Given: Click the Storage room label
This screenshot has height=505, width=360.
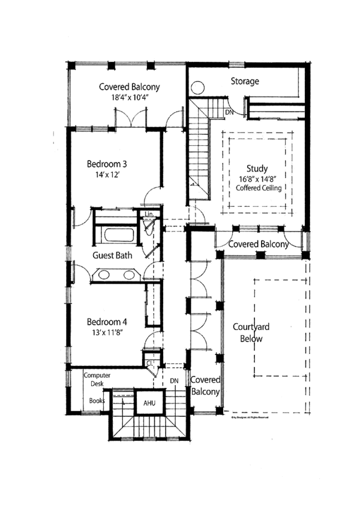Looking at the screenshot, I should coord(245,81).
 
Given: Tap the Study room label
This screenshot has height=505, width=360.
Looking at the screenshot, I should coord(257,169).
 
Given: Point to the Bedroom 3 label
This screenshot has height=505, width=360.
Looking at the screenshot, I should coord(107,164).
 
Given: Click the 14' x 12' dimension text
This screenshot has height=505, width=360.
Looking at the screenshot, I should coord(107,175).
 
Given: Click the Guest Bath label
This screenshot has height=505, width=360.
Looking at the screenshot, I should coord(112,255).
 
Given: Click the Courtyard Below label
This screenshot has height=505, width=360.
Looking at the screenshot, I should coord(251,333).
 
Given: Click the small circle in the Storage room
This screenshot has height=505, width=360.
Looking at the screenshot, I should coord(197,88).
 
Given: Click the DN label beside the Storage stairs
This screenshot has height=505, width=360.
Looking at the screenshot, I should coord(229,112).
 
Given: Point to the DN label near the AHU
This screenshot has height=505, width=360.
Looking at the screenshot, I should coord(175,381).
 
